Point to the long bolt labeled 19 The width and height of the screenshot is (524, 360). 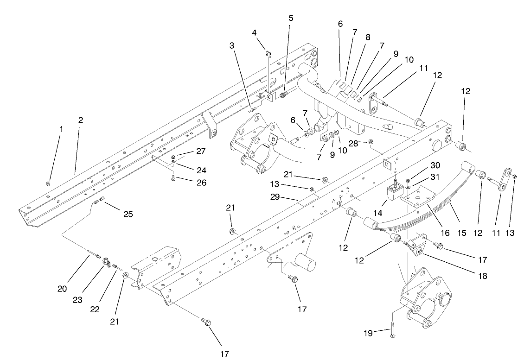[392, 328]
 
